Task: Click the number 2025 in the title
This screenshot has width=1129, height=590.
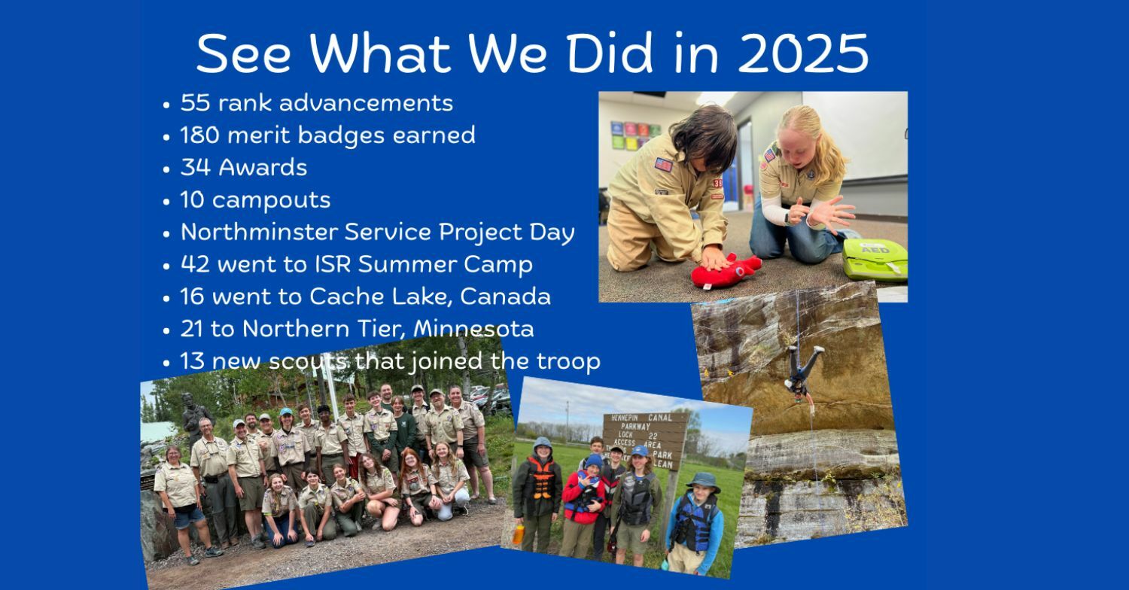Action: pyautogui.click(x=803, y=53)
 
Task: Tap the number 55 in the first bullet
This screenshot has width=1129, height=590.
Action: pyautogui.click(x=195, y=103)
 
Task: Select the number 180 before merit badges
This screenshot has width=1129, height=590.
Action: pyautogui.click(x=200, y=135)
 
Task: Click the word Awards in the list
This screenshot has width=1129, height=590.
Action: pyautogui.click(x=263, y=167)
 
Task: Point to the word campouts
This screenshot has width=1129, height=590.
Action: pyautogui.click(x=271, y=200)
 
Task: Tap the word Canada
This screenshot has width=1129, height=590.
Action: pyautogui.click(x=505, y=297)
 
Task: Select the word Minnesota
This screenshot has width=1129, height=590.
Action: pyautogui.click(x=473, y=329)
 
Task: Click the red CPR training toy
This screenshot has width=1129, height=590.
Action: pyautogui.click(x=726, y=272)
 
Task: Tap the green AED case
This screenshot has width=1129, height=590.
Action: pyautogui.click(x=875, y=259)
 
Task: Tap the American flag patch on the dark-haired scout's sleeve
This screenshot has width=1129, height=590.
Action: pyautogui.click(x=663, y=165)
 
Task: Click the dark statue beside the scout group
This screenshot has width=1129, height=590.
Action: pyautogui.click(x=192, y=418)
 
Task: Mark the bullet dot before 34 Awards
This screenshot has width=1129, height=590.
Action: pyautogui.click(x=166, y=169)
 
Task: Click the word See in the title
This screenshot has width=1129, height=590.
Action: pyautogui.click(x=243, y=53)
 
